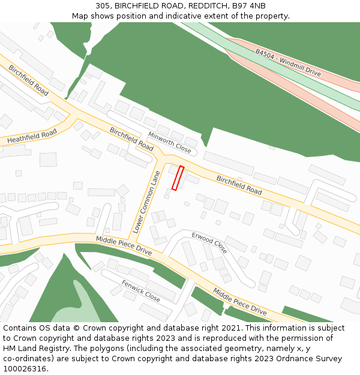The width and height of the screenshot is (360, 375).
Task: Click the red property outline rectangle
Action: point(178,178)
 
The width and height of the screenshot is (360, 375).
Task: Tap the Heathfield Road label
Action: point(32,136)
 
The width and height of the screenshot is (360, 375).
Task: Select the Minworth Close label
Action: point(169,142)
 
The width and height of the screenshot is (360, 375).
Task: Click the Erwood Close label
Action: point(209,242)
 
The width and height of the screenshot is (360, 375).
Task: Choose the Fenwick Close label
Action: point(140,290)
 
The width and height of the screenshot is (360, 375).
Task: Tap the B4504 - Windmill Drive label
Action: point(288,62)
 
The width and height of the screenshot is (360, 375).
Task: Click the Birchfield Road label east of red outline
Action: point(239,185)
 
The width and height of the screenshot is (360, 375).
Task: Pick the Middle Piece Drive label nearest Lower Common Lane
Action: point(124,247)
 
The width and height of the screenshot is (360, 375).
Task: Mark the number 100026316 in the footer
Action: point(25,368)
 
